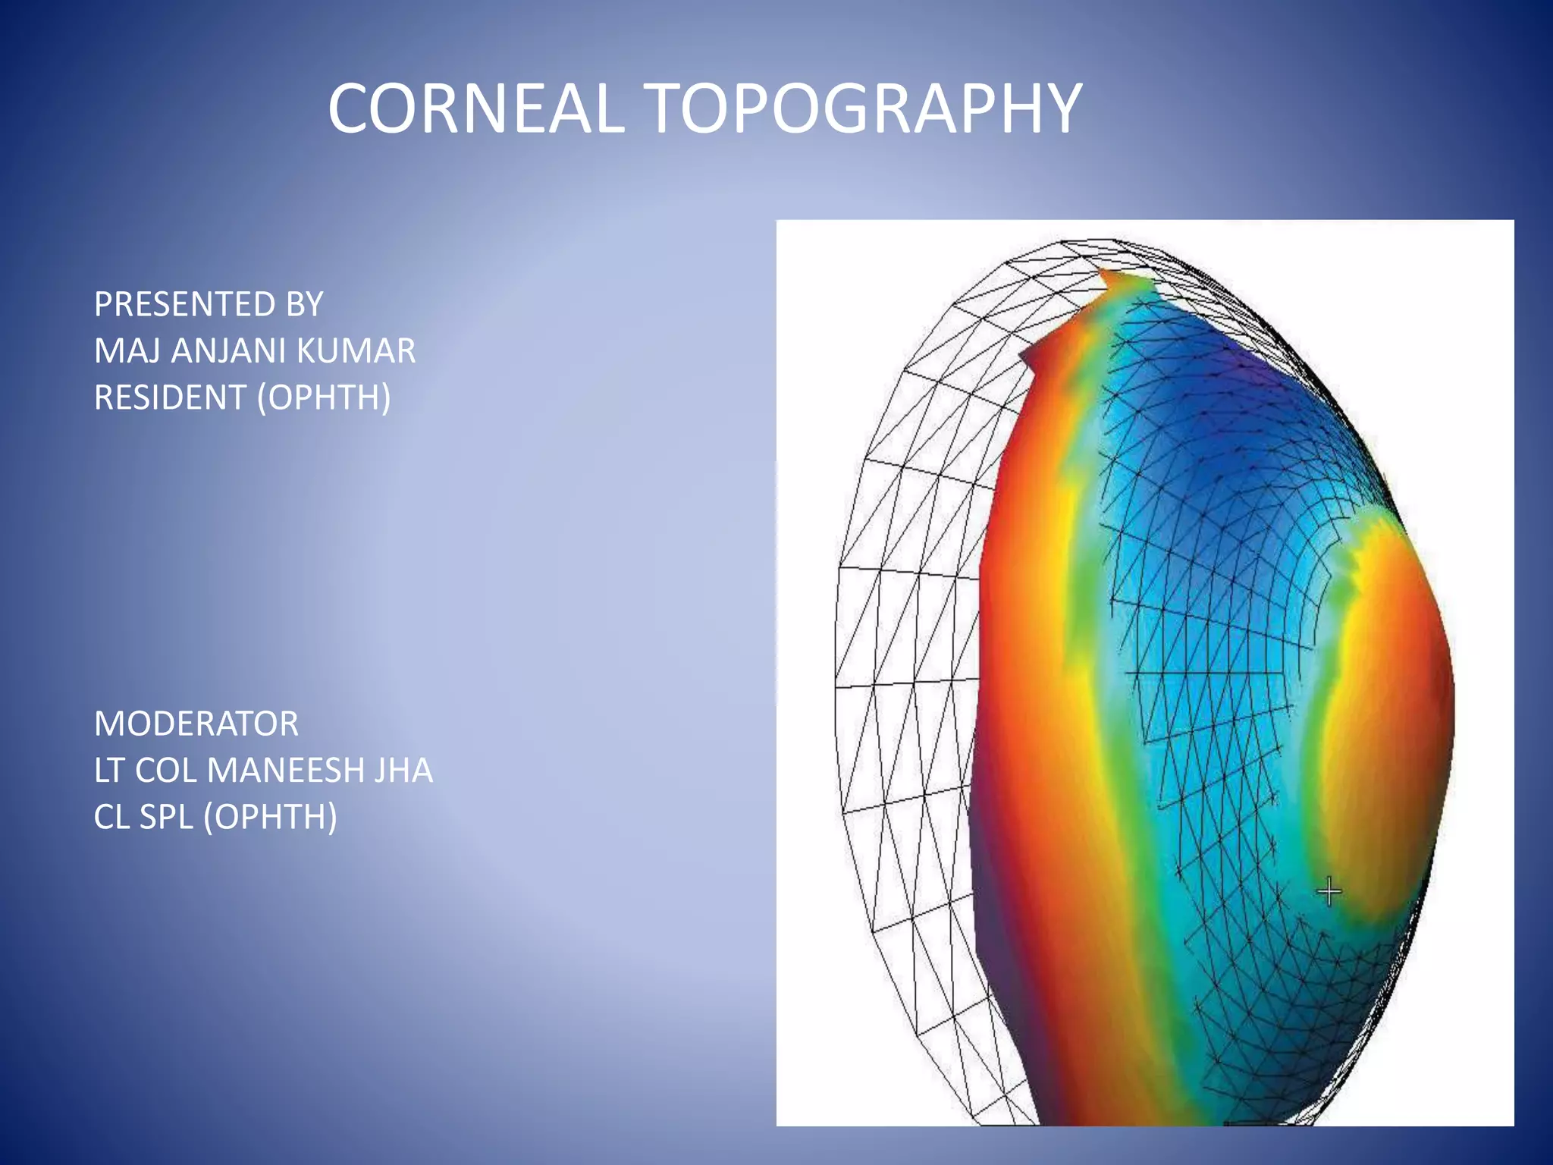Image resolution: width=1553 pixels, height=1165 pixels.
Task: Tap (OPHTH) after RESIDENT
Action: (x=324, y=397)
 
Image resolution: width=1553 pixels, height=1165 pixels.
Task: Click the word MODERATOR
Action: (x=196, y=724)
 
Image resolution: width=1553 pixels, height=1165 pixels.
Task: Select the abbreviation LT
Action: (x=110, y=771)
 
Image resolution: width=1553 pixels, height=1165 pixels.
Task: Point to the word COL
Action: (x=165, y=771)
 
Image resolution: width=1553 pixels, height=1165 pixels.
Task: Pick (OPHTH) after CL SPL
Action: (x=271, y=817)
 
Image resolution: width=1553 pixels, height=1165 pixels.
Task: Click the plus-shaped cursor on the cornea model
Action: (x=1329, y=890)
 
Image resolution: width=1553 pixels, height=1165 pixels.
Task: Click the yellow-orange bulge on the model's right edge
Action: (x=1388, y=683)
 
